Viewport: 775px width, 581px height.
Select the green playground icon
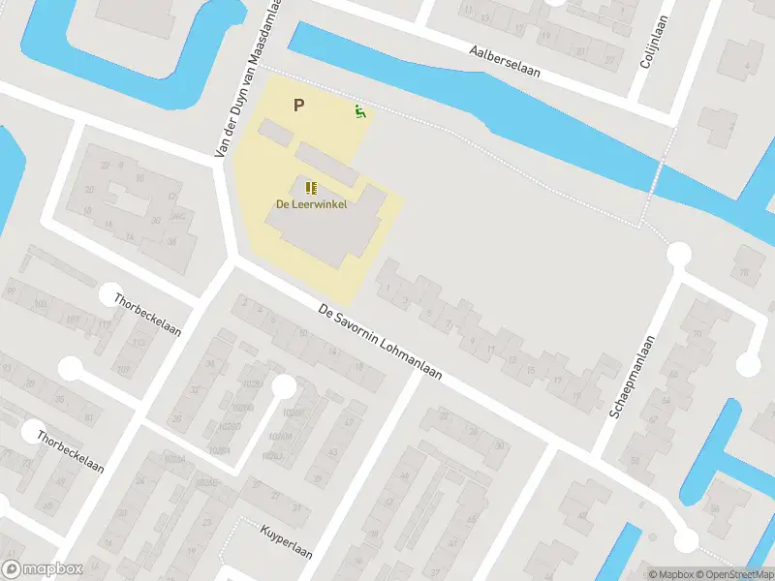click(x=360, y=112)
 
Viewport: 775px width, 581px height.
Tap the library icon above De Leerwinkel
click(x=311, y=187)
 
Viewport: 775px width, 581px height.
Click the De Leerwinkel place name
click(x=311, y=204)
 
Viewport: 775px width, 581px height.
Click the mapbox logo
click(x=43, y=569)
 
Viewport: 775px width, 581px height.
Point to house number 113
click(x=139, y=344)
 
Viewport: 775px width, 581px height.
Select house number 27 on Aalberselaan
click(x=610, y=60)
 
